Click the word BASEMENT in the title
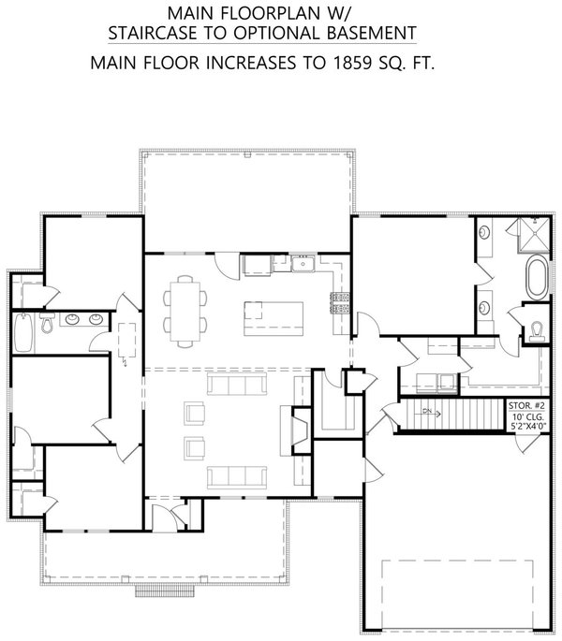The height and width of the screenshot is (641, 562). coord(370,34)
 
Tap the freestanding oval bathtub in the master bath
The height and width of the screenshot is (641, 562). coord(537,278)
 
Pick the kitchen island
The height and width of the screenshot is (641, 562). coord(274,319)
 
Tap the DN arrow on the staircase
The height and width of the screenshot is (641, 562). coord(429,412)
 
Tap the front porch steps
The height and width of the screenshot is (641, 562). coord(164,590)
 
